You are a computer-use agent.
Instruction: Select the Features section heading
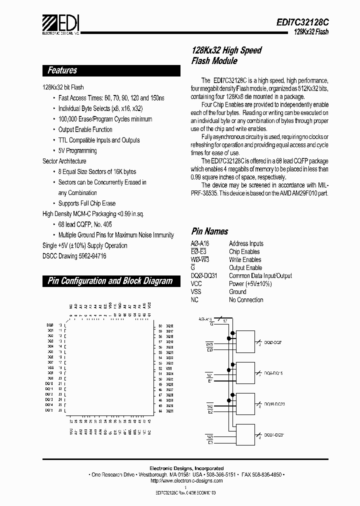tap(62, 70)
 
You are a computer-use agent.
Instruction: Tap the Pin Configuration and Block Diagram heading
tap(110, 281)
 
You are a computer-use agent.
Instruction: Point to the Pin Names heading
tap(209, 231)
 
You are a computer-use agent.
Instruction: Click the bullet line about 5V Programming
tap(77, 150)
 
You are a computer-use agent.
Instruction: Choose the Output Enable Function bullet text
tap(85, 129)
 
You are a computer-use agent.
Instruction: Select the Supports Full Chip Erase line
tap(86, 203)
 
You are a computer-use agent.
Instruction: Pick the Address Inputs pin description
tap(246, 243)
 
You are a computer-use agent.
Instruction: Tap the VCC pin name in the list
tap(196, 283)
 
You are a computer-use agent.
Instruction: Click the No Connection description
tap(246, 299)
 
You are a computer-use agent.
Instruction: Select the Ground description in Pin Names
tap(237, 291)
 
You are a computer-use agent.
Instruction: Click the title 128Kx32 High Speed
tap(226, 50)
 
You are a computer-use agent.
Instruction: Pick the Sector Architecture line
tap(64, 161)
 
